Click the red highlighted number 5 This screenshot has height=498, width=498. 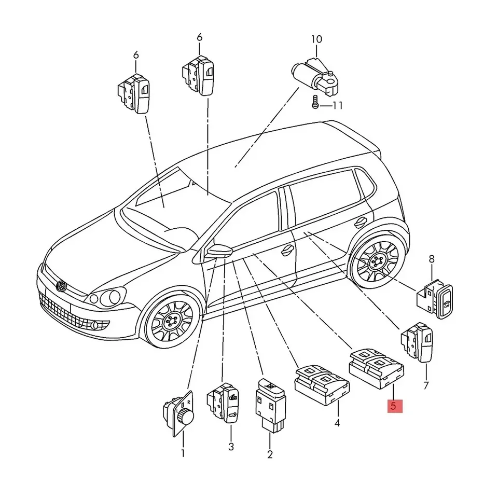click(x=395, y=406)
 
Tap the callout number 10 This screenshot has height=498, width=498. click(x=316, y=39)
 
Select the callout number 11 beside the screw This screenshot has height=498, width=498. click(x=337, y=105)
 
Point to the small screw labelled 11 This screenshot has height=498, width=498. click(x=315, y=102)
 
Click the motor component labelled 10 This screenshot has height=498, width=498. click(x=315, y=76)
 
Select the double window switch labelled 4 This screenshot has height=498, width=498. click(x=322, y=384)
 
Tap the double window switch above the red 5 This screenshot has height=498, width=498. click(x=377, y=368)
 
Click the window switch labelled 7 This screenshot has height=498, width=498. click(x=417, y=342)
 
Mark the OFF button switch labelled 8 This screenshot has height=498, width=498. click(x=435, y=299)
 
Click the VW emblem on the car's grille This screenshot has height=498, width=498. click(x=61, y=286)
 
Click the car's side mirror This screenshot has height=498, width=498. click(x=219, y=251)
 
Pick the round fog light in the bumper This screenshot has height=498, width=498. click(x=94, y=325)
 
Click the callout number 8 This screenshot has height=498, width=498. click(x=431, y=259)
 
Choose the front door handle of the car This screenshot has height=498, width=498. click(x=288, y=251)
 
